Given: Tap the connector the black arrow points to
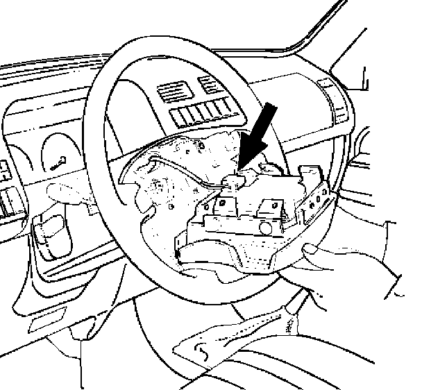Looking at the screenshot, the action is coord(233,182).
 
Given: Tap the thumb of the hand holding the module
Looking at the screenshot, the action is coord(310,254).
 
